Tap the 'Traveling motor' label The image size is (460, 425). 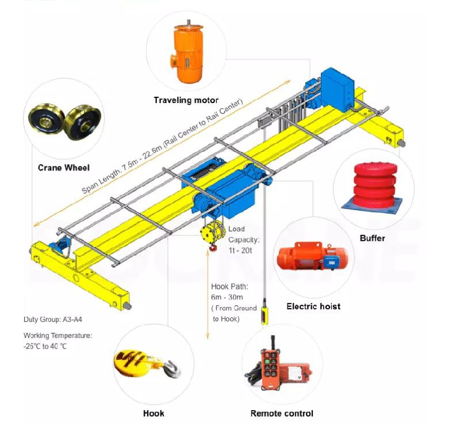pos(186,100)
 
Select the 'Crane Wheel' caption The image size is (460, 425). pos(64,168)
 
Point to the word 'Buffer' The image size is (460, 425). pos(372,237)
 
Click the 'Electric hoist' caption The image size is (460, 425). pos(313,306)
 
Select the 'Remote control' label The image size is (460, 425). pos(282,413)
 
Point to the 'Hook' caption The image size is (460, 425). pos(154,413)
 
